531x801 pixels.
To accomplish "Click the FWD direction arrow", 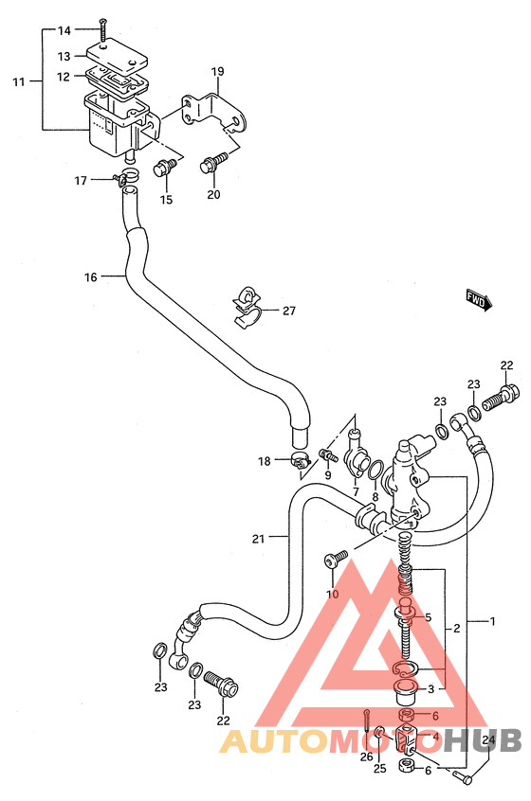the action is [x=479, y=300].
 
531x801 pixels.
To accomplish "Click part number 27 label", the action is [x=289, y=311].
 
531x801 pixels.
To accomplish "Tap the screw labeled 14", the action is [x=103, y=30].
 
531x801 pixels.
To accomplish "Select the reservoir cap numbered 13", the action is [x=118, y=56].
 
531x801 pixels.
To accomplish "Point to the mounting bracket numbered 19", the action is [x=215, y=111].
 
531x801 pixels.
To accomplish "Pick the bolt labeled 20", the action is [x=214, y=163].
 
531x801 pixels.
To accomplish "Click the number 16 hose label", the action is [x=90, y=277].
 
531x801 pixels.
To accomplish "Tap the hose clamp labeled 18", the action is [x=301, y=461].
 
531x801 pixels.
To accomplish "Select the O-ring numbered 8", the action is [x=375, y=470].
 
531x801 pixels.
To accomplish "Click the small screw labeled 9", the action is [x=326, y=454].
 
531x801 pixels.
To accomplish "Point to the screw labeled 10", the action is [x=335, y=559].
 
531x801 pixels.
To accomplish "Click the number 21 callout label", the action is [x=258, y=539].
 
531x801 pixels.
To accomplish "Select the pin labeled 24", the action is [x=463, y=777].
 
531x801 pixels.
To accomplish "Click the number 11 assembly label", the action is [x=18, y=81].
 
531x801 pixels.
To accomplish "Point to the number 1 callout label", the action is [x=492, y=621].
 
